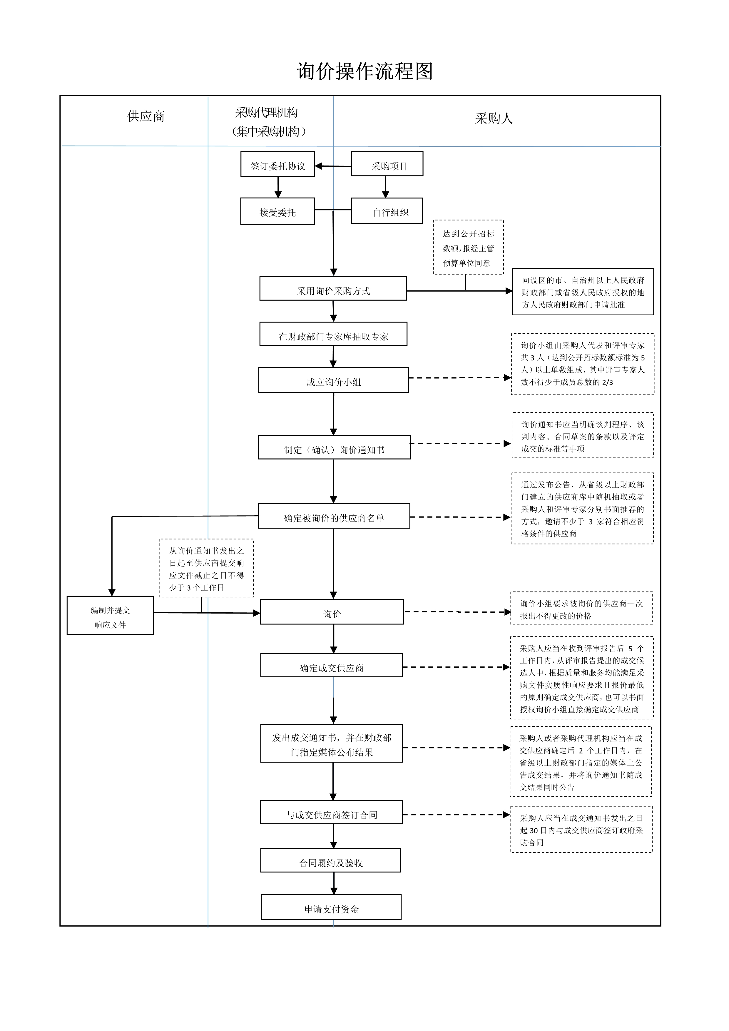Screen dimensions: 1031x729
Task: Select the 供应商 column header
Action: coord(146,117)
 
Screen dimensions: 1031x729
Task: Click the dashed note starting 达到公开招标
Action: coord(468,248)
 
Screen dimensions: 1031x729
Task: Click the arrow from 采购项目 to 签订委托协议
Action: coord(333,166)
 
